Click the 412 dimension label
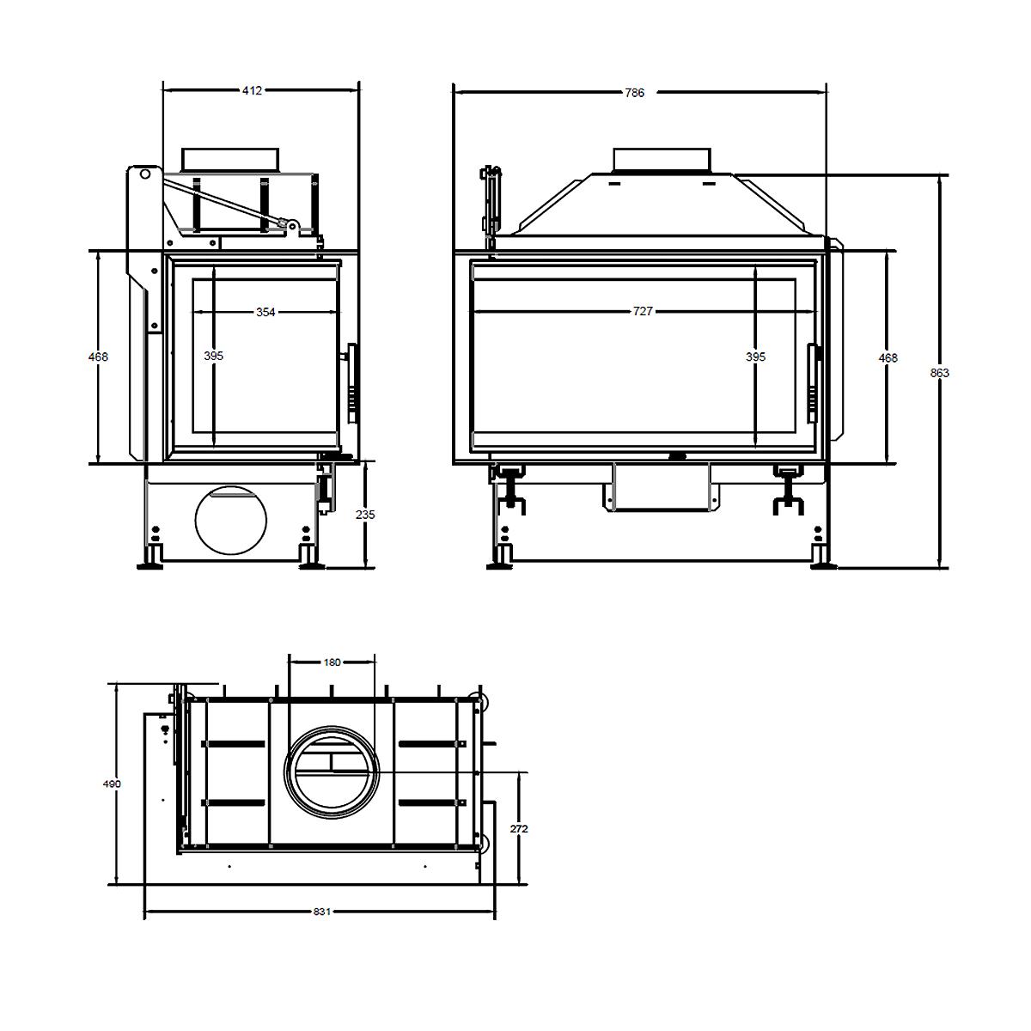[252, 91]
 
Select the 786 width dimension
[635, 93]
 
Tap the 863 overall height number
[940, 373]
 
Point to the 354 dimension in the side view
[265, 312]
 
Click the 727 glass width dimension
[643, 311]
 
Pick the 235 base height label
[365, 515]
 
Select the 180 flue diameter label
[332, 662]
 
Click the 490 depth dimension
[112, 784]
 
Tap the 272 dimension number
[519, 829]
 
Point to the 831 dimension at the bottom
[322, 912]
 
